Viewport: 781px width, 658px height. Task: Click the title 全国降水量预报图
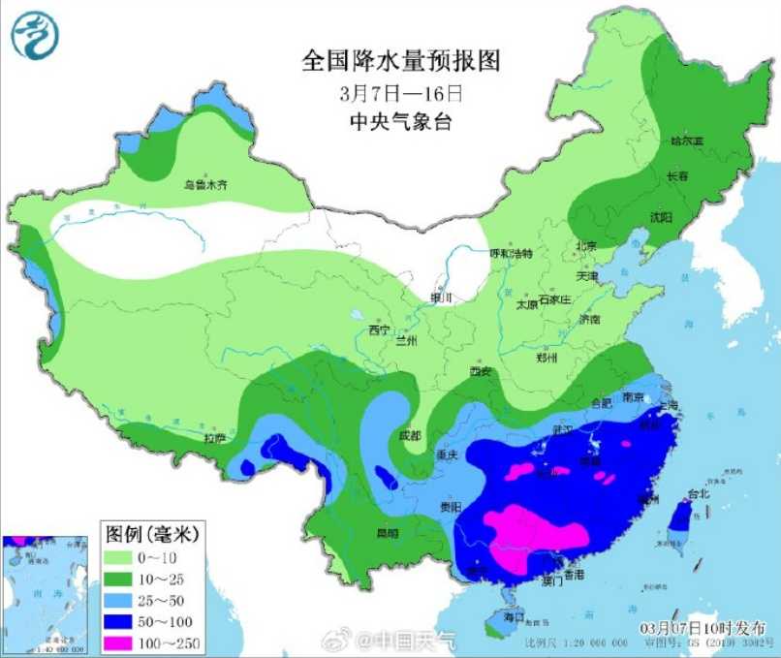click(x=400, y=61)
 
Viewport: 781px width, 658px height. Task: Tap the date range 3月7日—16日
click(x=401, y=94)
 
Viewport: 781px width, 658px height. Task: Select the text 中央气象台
click(x=401, y=123)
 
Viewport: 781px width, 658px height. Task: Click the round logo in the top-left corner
click(x=35, y=36)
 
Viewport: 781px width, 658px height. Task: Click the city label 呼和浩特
click(x=511, y=253)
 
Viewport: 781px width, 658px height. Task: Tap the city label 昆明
click(x=388, y=534)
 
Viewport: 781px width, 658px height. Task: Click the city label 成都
click(x=411, y=436)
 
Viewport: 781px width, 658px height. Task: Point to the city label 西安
click(x=481, y=371)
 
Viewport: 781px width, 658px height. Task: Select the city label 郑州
click(x=547, y=358)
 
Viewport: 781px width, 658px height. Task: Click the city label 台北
click(x=698, y=493)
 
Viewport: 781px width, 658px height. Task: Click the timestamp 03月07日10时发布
click(x=708, y=628)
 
